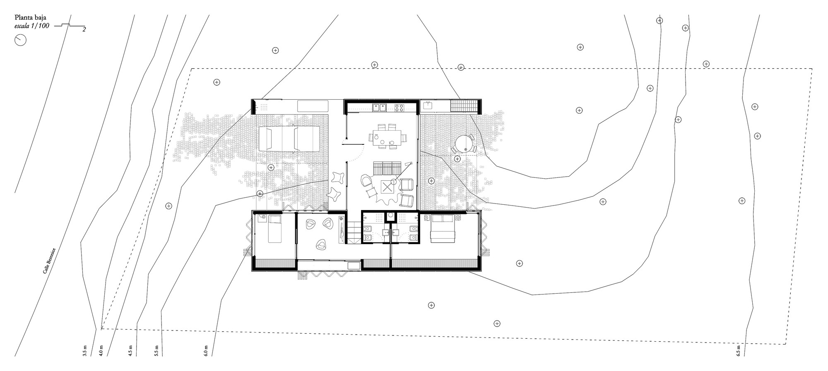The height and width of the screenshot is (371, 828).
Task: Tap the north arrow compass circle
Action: click(x=20, y=40)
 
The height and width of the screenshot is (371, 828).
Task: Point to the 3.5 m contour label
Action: click(x=85, y=351)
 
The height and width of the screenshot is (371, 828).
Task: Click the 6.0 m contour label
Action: click(x=206, y=350)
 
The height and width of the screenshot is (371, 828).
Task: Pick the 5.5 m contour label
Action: click(x=156, y=350)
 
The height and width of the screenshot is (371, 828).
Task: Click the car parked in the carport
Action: click(x=289, y=139)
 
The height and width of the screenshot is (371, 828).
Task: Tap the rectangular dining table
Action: click(x=387, y=136)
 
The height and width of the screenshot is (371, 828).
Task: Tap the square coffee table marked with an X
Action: click(x=388, y=187)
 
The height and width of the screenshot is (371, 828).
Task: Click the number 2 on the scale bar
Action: click(x=84, y=30)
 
